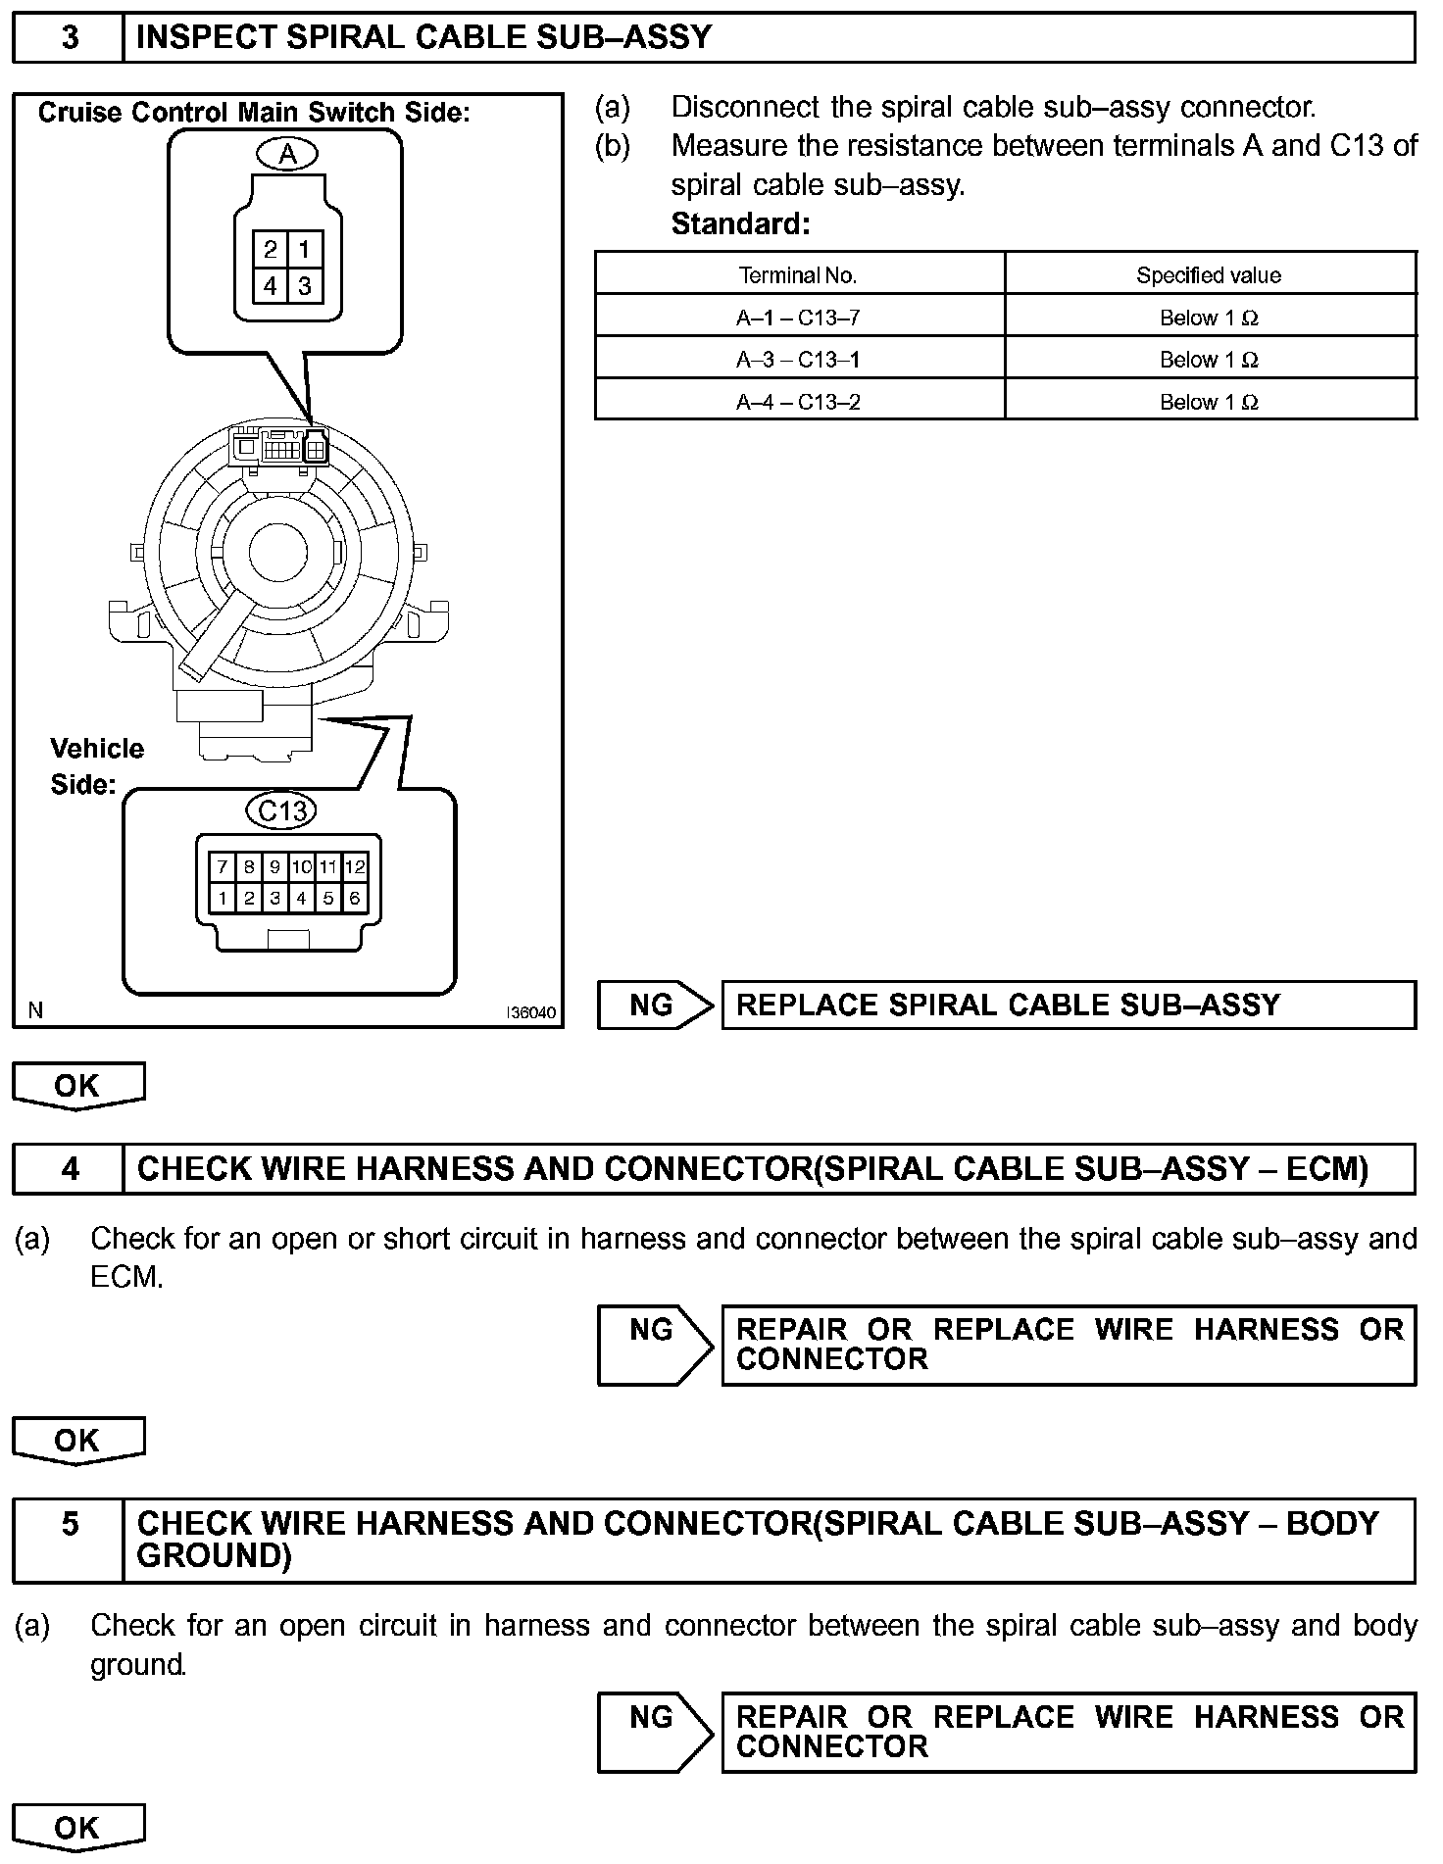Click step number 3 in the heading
point(70,38)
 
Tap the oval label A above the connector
point(287,154)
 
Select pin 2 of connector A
point(271,249)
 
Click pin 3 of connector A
point(305,286)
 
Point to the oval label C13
point(282,810)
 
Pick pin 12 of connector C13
point(355,867)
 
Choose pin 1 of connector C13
point(224,898)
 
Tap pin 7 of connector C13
point(224,867)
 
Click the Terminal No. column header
point(798,275)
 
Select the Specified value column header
point(1208,275)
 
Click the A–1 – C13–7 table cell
point(798,318)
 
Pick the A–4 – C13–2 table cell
point(798,402)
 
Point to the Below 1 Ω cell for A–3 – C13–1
point(1208,360)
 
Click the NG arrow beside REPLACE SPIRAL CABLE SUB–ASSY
point(654,1006)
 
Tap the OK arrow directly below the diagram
point(77,1086)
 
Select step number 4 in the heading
point(70,1169)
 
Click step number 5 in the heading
point(70,1524)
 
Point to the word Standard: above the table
point(740,224)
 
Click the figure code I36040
point(530,1012)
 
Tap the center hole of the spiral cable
point(277,552)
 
